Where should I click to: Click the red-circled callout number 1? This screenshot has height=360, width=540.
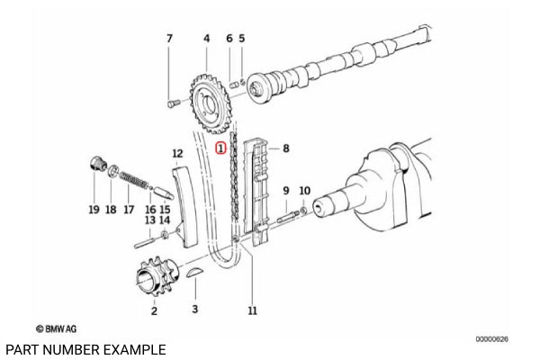(221, 145)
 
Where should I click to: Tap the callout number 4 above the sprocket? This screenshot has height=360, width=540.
(206, 39)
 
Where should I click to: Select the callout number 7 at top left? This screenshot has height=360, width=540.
(168, 39)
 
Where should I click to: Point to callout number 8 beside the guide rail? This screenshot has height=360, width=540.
(285, 148)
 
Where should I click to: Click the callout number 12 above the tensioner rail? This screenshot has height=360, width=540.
(177, 154)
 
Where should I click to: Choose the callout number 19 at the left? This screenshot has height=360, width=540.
(94, 210)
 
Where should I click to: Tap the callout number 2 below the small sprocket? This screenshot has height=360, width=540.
(154, 310)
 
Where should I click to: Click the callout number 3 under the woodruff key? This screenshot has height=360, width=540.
(193, 310)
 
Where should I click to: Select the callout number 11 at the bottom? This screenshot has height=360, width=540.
(253, 310)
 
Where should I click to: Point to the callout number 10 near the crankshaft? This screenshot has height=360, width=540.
(303, 191)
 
